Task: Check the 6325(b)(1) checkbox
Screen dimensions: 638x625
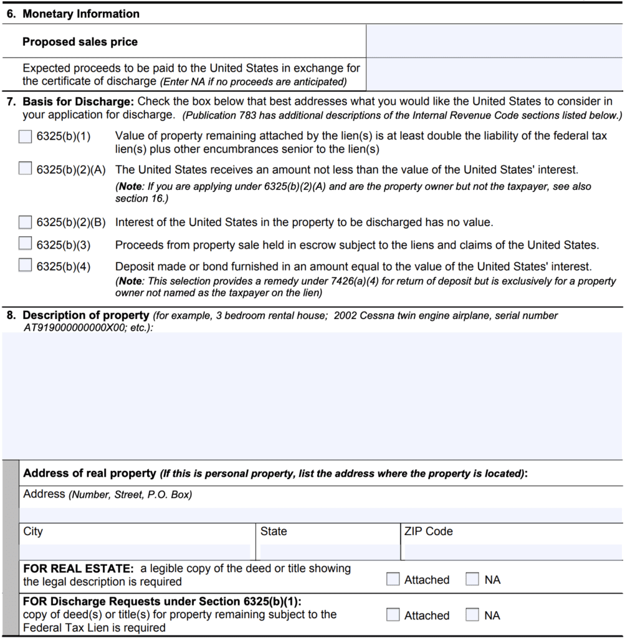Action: pos(25,136)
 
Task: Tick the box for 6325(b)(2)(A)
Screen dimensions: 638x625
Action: pos(25,169)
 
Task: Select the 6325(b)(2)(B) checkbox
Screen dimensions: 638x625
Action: pos(25,222)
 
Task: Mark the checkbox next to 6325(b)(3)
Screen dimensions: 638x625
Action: pos(25,244)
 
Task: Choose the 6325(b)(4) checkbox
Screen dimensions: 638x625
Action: pos(25,266)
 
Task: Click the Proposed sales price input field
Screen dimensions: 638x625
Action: pos(494,42)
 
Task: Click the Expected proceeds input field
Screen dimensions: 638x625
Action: pos(494,74)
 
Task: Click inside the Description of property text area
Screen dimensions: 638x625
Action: pos(312,396)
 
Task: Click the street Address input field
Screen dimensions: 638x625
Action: pos(320,515)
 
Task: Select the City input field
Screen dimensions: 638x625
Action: pos(135,551)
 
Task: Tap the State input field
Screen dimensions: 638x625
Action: pos(329,551)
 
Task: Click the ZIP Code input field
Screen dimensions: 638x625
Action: pos(512,551)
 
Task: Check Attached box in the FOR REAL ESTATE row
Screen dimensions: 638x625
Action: pos(393,579)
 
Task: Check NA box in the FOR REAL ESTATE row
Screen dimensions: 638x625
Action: pos(473,579)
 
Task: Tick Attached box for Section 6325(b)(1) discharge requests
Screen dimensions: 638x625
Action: pos(393,615)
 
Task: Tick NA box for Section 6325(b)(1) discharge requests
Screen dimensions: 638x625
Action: pos(473,615)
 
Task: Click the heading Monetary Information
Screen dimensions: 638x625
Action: pos(81,14)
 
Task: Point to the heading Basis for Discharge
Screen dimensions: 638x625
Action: pos(78,102)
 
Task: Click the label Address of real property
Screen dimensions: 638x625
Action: pos(89,474)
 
